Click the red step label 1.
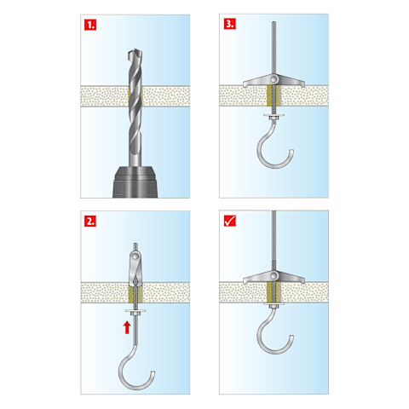[x=90, y=25]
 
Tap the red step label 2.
[x=90, y=221]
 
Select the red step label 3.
[x=230, y=24]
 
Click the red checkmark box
[x=230, y=221]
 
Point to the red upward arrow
[x=127, y=327]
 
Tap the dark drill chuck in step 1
[x=135, y=182]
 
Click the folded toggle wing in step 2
[x=135, y=268]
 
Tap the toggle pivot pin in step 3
[x=274, y=78]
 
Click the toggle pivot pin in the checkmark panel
[x=274, y=275]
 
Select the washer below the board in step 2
[x=135, y=311]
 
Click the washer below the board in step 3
[x=274, y=115]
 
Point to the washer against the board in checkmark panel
[x=274, y=304]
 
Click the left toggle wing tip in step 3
[x=244, y=84]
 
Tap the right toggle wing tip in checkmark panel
[x=304, y=281]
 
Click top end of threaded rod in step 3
[x=274, y=22]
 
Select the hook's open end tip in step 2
[x=153, y=372]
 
